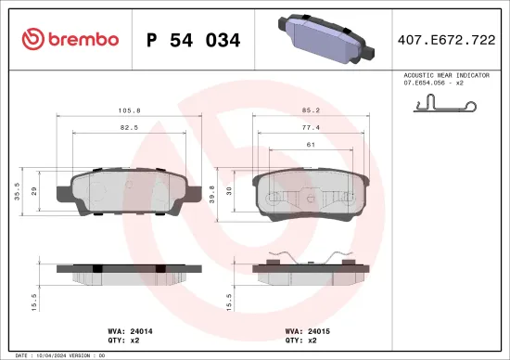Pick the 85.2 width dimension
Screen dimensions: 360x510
click(x=311, y=110)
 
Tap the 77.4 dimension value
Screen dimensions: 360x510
click(x=311, y=127)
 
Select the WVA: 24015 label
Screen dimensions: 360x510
click(x=306, y=328)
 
